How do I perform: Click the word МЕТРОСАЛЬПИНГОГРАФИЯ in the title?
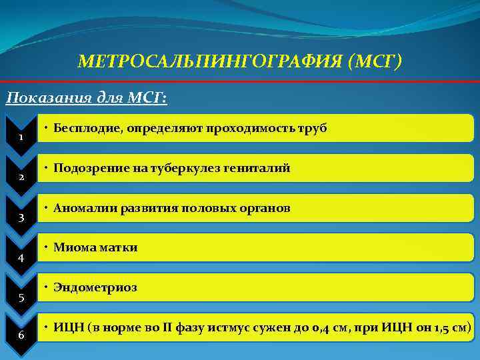click(x=209, y=63)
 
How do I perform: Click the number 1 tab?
click(x=21, y=137)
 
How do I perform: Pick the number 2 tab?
click(x=21, y=177)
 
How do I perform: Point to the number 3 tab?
click(x=21, y=217)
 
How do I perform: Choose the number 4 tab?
click(x=21, y=257)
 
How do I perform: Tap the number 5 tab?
click(x=21, y=297)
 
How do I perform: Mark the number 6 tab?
click(x=21, y=335)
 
